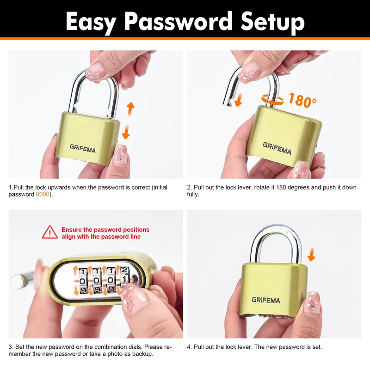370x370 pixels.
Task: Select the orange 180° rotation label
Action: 303,100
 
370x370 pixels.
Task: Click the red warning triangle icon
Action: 50,232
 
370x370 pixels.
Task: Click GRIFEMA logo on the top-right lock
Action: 277,148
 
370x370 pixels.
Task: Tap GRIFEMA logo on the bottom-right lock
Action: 266,300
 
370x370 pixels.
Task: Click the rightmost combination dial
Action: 124,280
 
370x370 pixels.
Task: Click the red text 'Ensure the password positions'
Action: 105,229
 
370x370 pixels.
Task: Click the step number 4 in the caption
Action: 189,347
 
